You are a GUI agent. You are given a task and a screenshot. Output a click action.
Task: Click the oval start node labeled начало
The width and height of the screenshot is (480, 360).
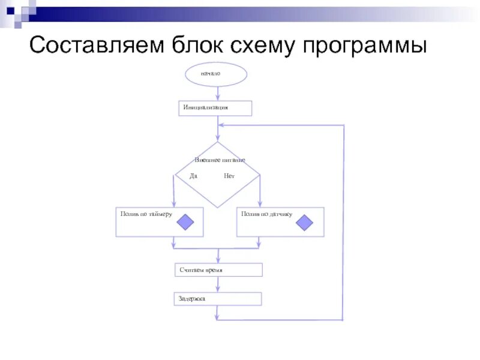(216, 74)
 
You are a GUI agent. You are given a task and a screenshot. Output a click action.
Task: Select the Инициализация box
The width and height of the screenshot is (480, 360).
(215, 108)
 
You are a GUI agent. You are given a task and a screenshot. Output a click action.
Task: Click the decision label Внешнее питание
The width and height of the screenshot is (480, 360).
(220, 160)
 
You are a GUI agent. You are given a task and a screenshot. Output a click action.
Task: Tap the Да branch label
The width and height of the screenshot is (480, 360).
(193, 176)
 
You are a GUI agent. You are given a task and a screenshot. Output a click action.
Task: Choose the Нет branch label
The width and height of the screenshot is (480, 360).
(229, 176)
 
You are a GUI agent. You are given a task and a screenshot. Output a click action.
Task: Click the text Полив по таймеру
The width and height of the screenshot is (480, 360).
(146, 214)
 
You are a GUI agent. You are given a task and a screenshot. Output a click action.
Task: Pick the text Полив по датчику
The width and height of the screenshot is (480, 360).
(267, 214)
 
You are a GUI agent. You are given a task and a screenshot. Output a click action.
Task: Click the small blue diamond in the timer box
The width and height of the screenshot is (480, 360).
(185, 223)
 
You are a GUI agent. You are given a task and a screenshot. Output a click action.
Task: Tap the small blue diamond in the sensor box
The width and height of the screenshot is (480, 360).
(305, 223)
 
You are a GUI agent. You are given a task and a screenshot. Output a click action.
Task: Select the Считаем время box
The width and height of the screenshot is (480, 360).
(219, 270)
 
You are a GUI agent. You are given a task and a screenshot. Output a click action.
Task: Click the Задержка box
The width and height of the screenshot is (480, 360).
(218, 298)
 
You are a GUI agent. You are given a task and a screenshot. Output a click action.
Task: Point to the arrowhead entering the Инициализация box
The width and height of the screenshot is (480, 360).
(217, 97)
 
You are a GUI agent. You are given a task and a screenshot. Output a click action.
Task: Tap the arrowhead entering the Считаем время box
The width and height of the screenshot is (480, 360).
(217, 260)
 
